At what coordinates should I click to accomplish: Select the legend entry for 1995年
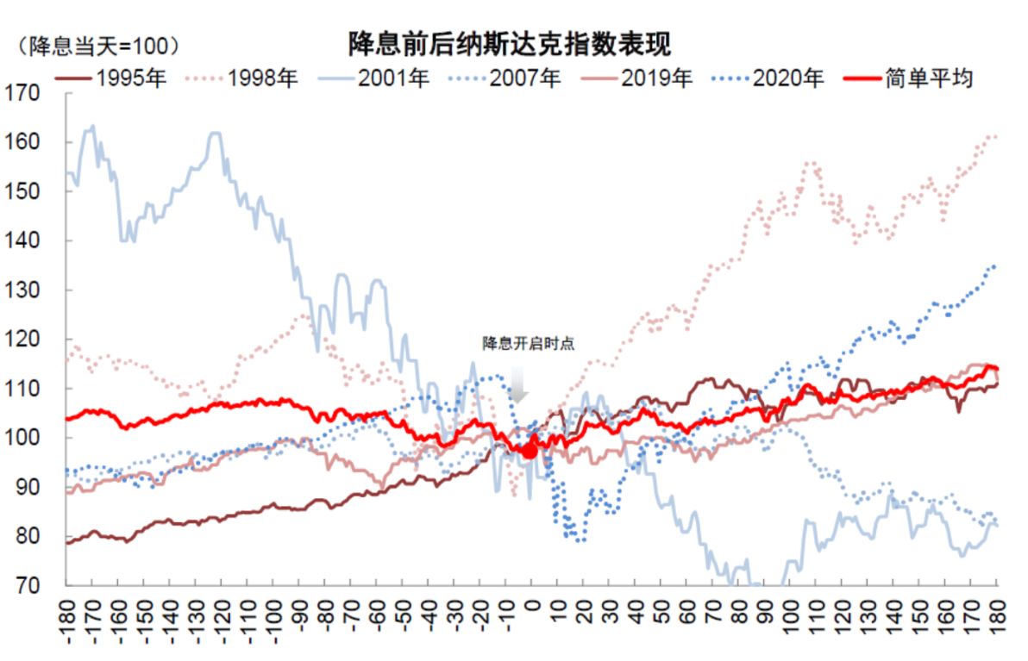[111, 78]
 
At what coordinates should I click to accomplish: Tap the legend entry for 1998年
[242, 78]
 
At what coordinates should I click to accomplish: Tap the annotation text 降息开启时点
[528, 343]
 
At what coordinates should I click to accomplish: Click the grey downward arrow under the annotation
[517, 384]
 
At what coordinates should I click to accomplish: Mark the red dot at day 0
[530, 450]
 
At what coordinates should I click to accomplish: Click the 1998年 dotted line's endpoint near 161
[996, 136]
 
